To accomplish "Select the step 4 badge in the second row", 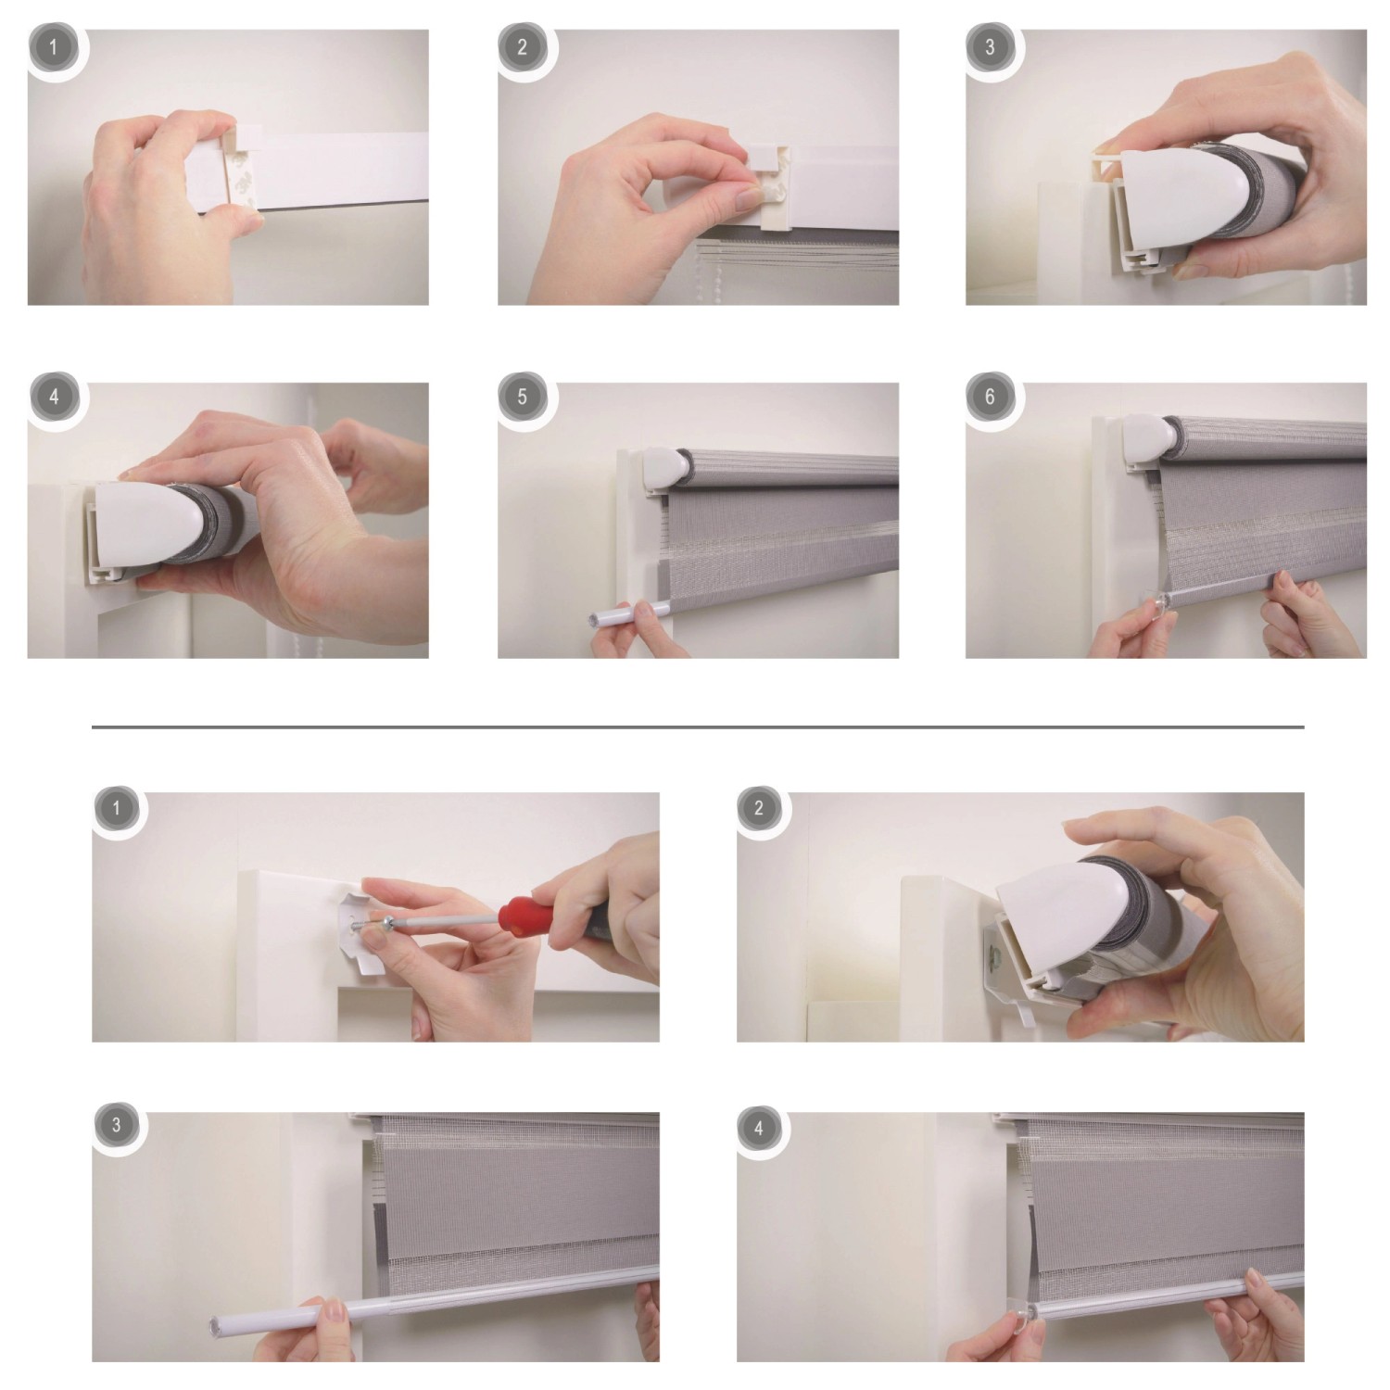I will pos(53,398).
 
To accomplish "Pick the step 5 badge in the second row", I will pos(522,398).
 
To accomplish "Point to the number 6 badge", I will pos(990,398).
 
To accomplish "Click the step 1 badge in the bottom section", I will pos(116,808).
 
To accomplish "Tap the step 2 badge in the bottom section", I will pos(759,808).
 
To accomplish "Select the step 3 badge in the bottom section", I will pos(116,1126).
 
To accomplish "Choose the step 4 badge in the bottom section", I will pos(759,1128).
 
